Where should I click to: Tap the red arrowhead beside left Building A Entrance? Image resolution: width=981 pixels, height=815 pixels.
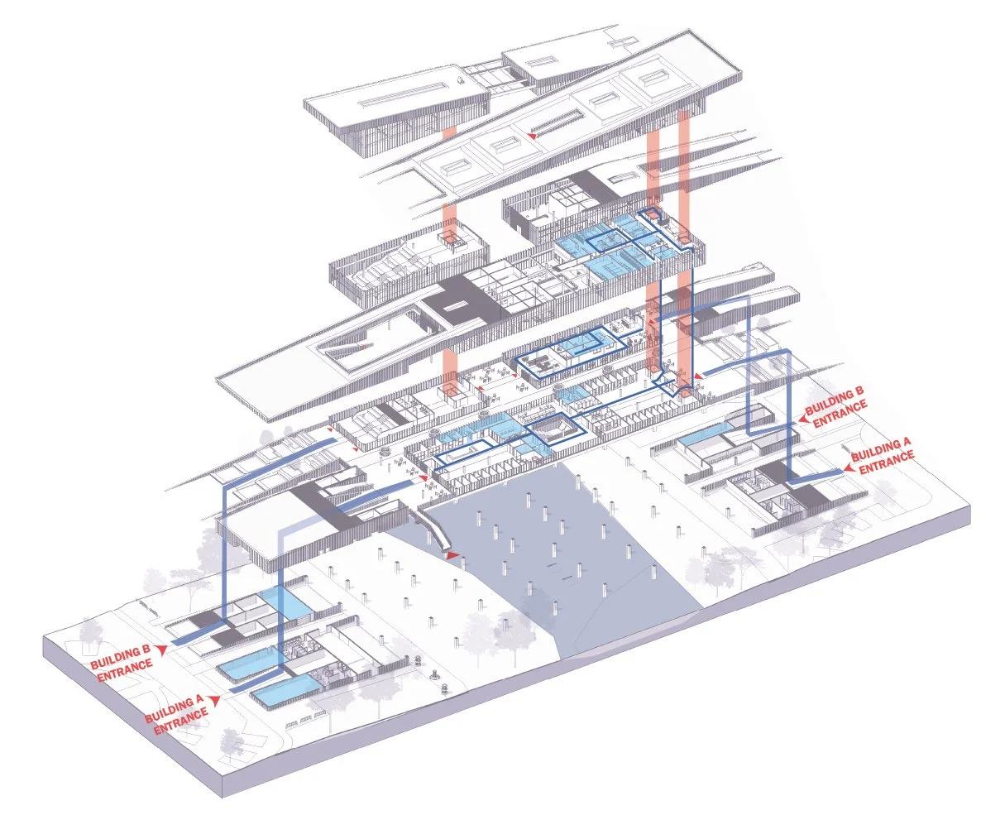(x=216, y=700)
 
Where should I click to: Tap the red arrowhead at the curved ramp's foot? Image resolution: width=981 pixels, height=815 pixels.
(x=452, y=557)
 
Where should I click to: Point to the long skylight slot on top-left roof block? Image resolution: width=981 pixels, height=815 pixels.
(x=394, y=103)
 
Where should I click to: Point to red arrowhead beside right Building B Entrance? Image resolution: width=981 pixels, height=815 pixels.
(x=800, y=422)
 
